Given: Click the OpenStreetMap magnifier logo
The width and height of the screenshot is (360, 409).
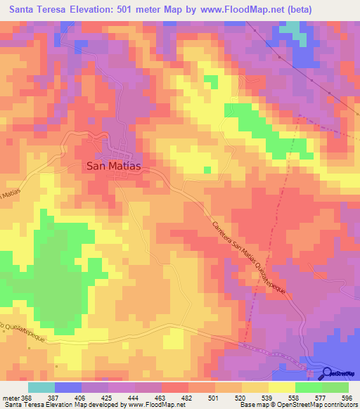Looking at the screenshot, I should pyautogui.click(x=328, y=373).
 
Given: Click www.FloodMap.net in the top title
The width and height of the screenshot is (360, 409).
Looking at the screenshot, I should pyautogui.click(x=236, y=9).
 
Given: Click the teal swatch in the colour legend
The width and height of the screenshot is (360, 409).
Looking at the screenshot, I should pyautogui.click(x=41, y=387).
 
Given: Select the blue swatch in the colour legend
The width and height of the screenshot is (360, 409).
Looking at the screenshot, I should pyautogui.click(x=67, y=387).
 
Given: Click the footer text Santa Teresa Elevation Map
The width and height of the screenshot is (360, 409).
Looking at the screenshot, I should pyautogui.click(x=42, y=405).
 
